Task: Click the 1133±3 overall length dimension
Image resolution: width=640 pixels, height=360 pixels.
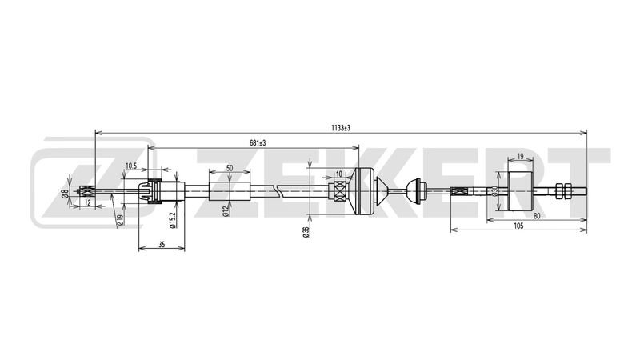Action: [341, 128]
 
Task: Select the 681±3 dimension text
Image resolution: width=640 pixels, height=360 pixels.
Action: [258, 143]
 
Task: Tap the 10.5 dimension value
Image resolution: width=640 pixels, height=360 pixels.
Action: [131, 166]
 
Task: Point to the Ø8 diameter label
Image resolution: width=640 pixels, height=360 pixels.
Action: [64, 194]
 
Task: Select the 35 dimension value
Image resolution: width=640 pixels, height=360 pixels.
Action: [162, 245]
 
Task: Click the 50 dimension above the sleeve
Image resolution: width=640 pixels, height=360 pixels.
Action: [230, 168]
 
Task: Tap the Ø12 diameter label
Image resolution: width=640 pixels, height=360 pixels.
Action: [225, 212]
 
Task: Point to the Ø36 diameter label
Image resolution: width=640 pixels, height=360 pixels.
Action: [306, 232]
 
